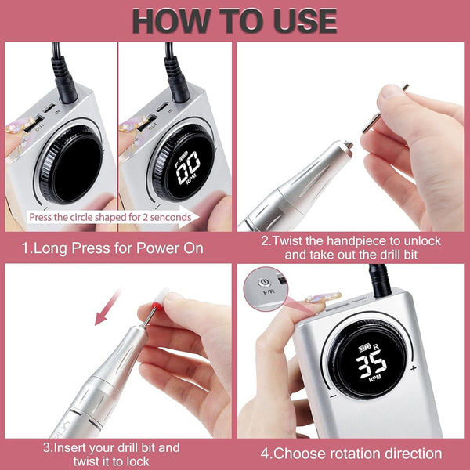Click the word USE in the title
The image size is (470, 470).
click(305, 21)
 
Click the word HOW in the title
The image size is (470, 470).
click(171, 21)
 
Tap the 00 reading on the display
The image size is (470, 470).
click(188, 167)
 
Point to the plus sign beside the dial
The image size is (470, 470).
click(414, 368)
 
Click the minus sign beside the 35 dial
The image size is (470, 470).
click(333, 396)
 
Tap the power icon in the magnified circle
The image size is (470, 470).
click(264, 282)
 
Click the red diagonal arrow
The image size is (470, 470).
click(107, 307)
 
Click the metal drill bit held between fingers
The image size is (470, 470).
click(385, 109)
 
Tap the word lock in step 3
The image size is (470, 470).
click(139, 461)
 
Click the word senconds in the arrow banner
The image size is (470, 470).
click(171, 217)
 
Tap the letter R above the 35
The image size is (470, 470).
click(377, 347)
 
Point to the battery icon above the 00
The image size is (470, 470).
click(184, 156)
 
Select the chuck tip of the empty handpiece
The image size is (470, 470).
click(348, 145)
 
